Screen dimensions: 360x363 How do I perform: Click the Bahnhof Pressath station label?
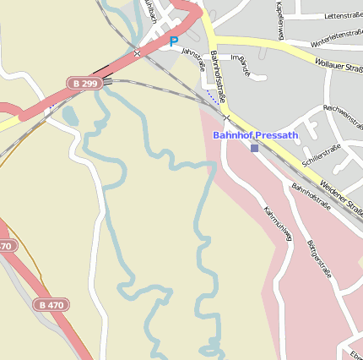click(255, 134)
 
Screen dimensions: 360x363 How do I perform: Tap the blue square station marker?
click(254, 148)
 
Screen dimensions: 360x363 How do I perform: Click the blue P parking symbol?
click(174, 41)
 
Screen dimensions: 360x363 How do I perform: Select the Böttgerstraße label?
click(321, 259)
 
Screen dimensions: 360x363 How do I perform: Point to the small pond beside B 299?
click(69, 115)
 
